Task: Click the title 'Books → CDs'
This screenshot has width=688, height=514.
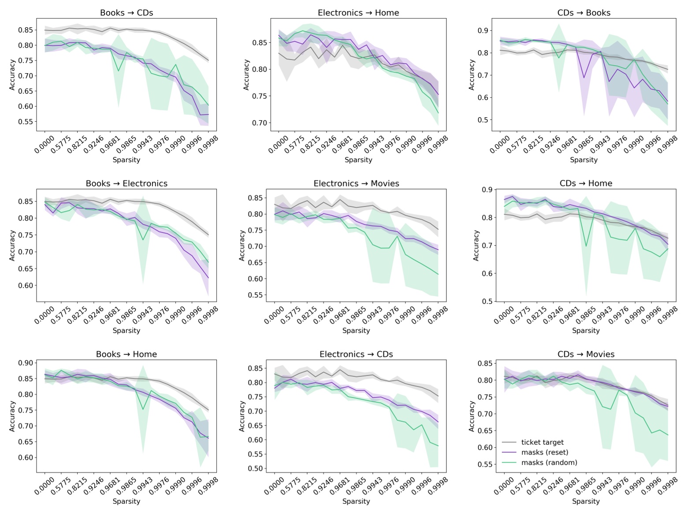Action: click(x=126, y=13)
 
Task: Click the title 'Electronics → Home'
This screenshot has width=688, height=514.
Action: click(x=358, y=13)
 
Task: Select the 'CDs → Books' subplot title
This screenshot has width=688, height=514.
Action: click(x=584, y=13)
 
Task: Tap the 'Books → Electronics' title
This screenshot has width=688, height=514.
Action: click(x=126, y=183)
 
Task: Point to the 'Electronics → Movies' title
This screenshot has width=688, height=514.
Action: click(x=356, y=183)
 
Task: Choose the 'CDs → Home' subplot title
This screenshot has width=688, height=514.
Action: click(x=586, y=183)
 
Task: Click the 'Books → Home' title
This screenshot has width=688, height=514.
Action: click(x=126, y=354)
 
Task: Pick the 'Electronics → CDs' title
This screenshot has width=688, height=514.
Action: click(x=356, y=354)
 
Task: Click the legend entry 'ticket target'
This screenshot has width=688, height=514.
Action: click(x=542, y=442)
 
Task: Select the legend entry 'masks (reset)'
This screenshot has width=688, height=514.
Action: click(x=544, y=452)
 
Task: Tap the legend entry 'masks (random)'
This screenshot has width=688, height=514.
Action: click(x=549, y=462)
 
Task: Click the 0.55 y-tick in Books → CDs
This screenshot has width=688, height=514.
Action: click(x=25, y=122)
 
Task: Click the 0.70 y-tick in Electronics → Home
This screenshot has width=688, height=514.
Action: click(x=259, y=123)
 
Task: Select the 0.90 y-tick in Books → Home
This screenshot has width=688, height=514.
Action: click(x=25, y=363)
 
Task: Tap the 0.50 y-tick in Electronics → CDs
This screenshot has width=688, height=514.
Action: click(x=255, y=469)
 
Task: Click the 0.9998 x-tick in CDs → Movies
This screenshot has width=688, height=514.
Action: click(x=667, y=486)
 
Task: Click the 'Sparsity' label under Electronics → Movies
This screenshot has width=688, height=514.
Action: click(x=356, y=331)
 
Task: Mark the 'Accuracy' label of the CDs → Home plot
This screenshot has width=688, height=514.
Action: click(x=476, y=245)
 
